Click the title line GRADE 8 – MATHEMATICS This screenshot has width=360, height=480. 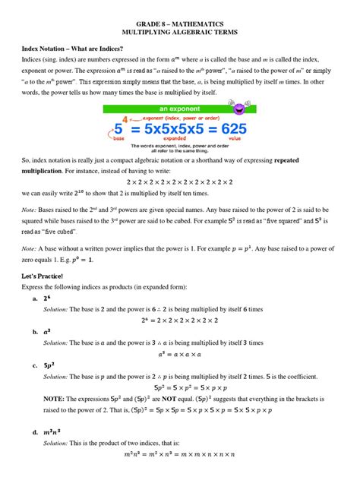click(x=179, y=24)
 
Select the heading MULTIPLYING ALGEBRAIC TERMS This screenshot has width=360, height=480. click(x=179, y=35)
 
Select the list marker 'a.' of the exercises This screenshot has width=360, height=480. click(x=36, y=298)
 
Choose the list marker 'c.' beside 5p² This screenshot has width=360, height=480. click(x=36, y=365)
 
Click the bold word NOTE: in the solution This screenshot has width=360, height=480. click(x=53, y=397)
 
